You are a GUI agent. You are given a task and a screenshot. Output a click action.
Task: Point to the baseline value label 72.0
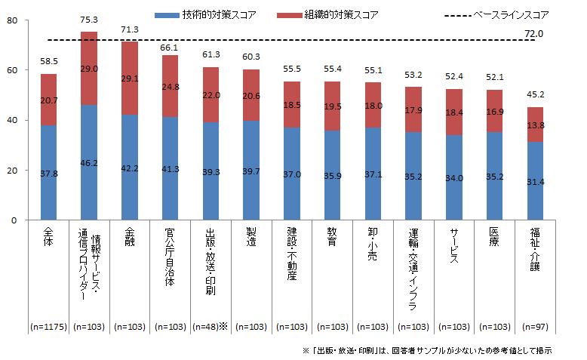click(x=533, y=34)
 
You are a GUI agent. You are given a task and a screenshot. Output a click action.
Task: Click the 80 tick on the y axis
click(x=11, y=20)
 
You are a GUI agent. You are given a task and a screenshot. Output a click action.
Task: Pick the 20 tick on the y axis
click(x=11, y=171)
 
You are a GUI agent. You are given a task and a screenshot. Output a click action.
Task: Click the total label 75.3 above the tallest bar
click(x=89, y=20)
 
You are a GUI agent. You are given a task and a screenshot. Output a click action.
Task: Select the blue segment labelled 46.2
click(x=89, y=162)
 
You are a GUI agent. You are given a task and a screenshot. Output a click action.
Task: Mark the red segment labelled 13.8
click(x=535, y=124)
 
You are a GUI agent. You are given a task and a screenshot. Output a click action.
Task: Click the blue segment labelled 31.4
click(x=535, y=181)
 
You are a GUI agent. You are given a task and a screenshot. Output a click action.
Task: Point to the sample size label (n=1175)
click(x=48, y=327)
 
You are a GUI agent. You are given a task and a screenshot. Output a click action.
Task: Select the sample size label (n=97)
click(x=535, y=327)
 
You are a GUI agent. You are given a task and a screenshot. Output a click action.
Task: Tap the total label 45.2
click(x=535, y=96)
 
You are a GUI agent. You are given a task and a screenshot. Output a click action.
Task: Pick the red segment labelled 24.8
click(x=171, y=86)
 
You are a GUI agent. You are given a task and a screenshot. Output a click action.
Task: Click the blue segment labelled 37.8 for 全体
click(x=48, y=172)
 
